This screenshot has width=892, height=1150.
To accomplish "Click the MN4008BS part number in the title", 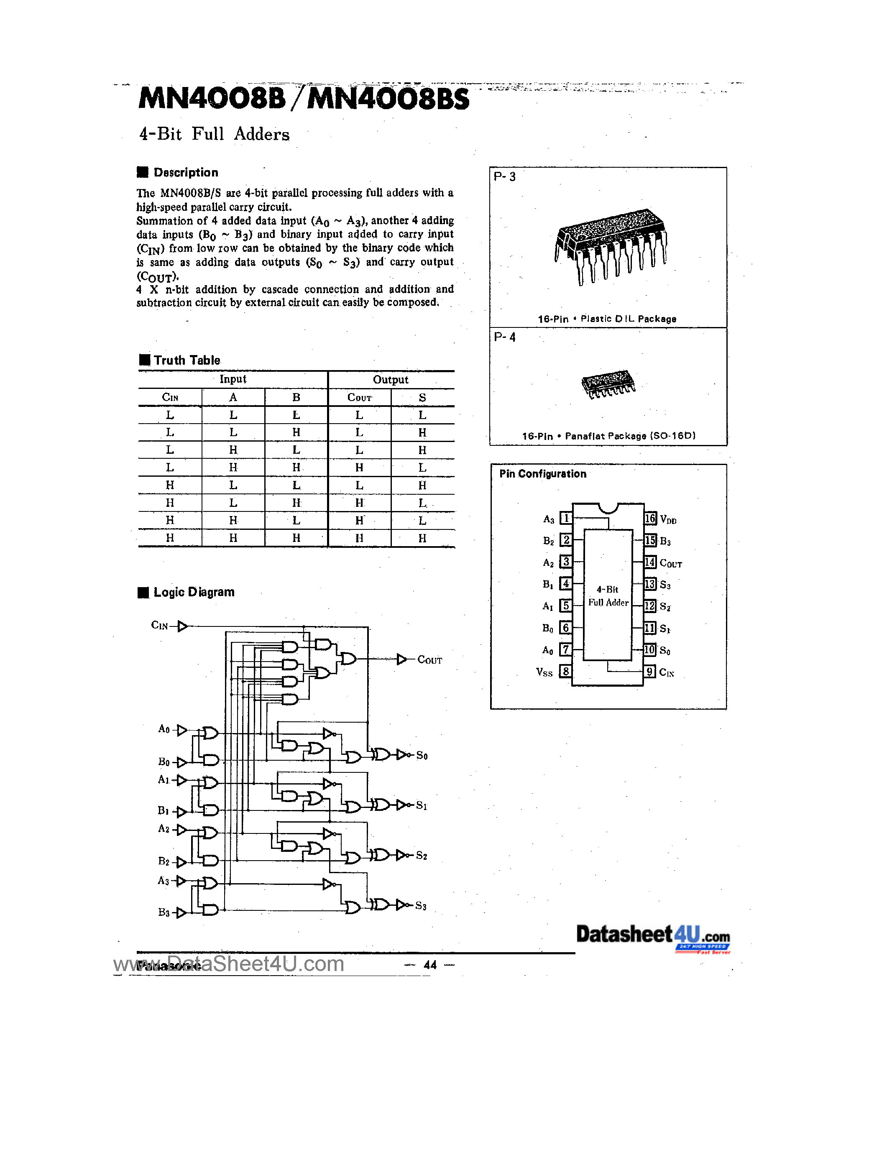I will pos(388,99).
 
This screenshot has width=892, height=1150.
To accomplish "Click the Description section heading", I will pos(185,173).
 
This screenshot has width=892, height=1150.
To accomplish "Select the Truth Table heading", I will pos(187,361).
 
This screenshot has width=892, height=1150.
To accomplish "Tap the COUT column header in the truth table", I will pos(359,398).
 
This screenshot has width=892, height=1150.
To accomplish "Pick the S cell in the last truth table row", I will pos(422,538).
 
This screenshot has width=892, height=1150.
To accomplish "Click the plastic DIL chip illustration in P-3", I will pos(611,245).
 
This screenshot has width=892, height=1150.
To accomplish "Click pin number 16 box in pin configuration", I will pos(650,519).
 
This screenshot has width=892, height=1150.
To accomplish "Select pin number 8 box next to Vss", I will pos(565,671).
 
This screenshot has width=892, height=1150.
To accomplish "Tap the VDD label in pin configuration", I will pos(668,520).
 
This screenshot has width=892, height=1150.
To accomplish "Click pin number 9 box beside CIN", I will pos(650,672).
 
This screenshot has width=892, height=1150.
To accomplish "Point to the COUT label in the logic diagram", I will pos(429,660).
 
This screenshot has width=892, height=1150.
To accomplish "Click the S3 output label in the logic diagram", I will pos(421,906).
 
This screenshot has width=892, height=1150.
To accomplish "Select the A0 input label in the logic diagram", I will pos(164,729).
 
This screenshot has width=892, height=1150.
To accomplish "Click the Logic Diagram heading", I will pos(193,593).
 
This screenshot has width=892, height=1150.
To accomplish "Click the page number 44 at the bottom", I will pos(430,965).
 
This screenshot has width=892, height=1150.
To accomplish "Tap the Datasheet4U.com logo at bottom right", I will pos(653,936).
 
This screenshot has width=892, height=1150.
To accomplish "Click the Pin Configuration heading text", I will pos(542,474).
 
